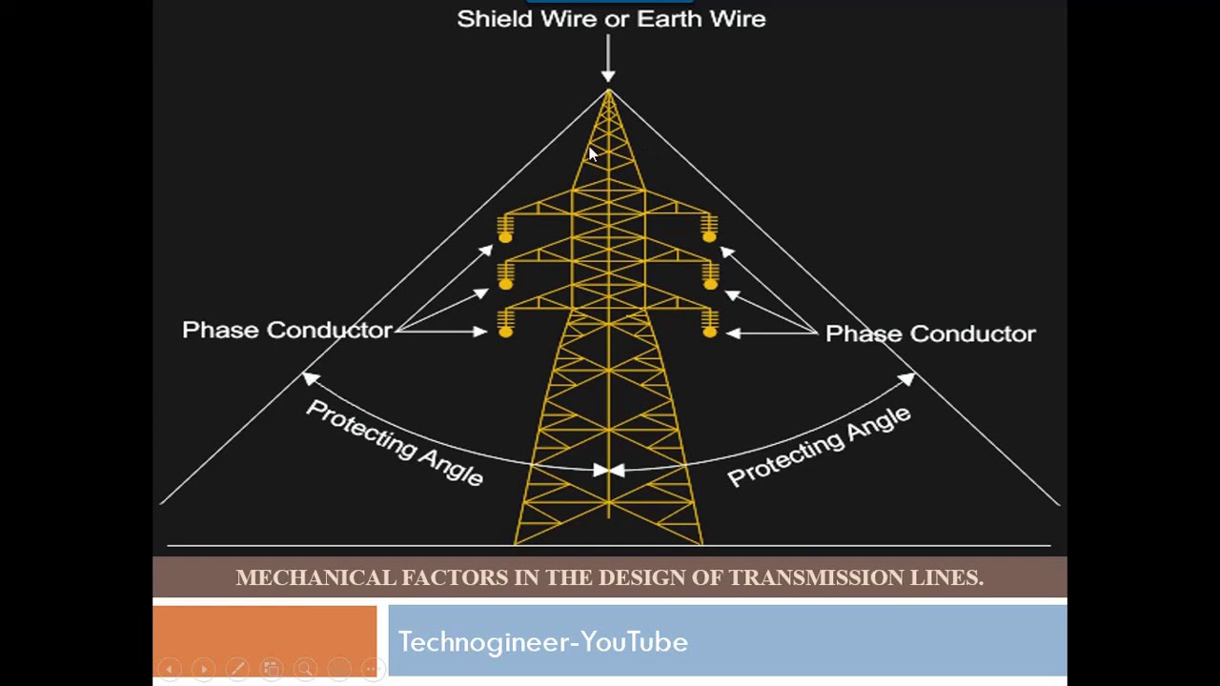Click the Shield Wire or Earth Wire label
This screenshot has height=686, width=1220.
(611, 19)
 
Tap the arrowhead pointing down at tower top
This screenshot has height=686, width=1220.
(608, 75)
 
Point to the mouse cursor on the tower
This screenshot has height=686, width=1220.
(592, 154)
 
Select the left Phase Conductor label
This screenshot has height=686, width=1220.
(287, 330)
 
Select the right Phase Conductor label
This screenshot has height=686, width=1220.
(929, 333)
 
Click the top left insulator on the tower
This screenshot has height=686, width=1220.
(505, 229)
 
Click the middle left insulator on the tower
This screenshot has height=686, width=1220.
(505, 276)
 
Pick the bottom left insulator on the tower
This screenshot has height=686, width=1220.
(505, 324)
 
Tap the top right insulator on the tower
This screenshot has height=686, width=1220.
(709, 229)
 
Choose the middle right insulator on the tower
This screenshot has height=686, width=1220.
(710, 276)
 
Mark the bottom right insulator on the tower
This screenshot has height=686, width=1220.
(709, 324)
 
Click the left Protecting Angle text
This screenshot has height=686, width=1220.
(395, 442)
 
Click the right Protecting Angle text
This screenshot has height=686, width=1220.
(819, 445)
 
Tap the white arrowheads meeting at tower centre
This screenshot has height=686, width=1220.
(609, 470)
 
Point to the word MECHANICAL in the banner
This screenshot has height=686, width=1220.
(315, 577)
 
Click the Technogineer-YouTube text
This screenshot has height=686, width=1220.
(542, 642)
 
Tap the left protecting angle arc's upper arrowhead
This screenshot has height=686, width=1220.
(311, 379)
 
